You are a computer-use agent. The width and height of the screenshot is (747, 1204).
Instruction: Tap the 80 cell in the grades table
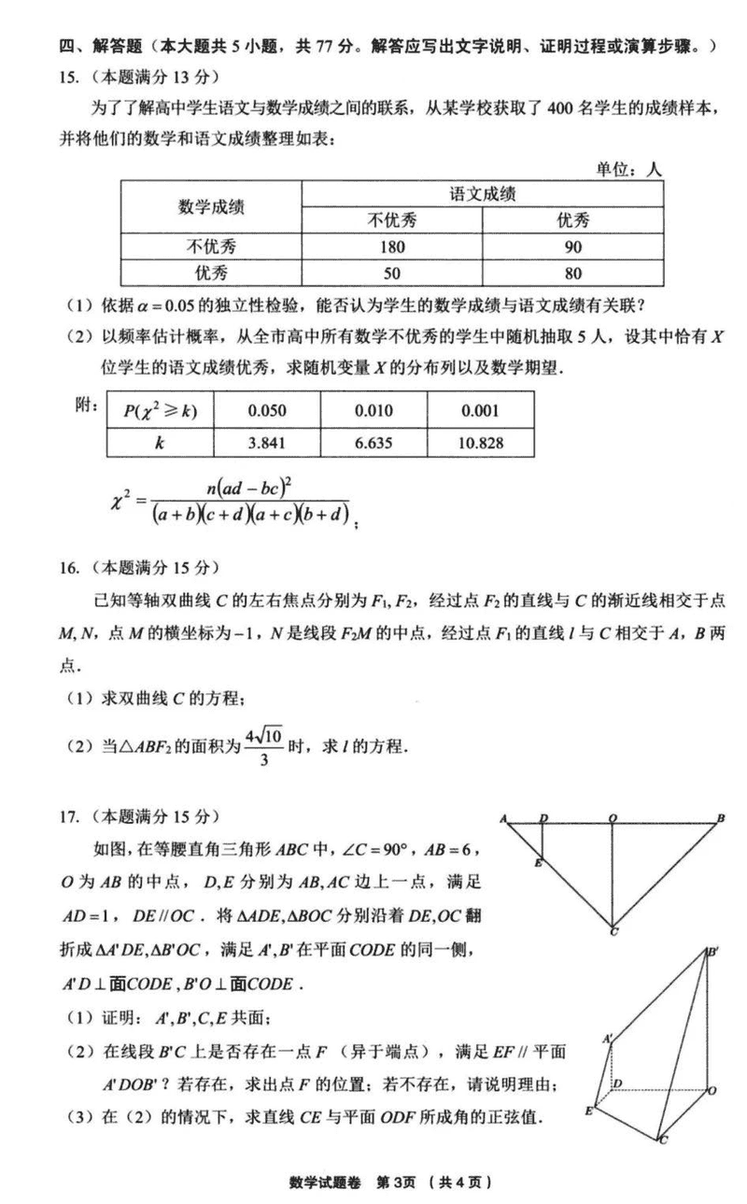click(x=573, y=273)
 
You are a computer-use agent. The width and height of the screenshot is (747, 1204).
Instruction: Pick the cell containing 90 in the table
click(x=573, y=248)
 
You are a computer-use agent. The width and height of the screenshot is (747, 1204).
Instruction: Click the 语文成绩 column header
click(x=483, y=194)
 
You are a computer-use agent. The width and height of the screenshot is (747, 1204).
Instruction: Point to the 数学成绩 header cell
click(x=211, y=206)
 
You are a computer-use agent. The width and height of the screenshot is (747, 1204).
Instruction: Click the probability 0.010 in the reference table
click(x=373, y=411)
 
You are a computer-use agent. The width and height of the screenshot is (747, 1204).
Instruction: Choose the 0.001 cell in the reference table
click(x=481, y=411)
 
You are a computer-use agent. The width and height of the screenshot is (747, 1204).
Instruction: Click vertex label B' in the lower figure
click(x=712, y=952)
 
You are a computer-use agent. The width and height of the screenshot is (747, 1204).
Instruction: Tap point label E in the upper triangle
click(x=539, y=864)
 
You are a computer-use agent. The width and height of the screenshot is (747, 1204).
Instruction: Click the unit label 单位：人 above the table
click(x=628, y=170)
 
